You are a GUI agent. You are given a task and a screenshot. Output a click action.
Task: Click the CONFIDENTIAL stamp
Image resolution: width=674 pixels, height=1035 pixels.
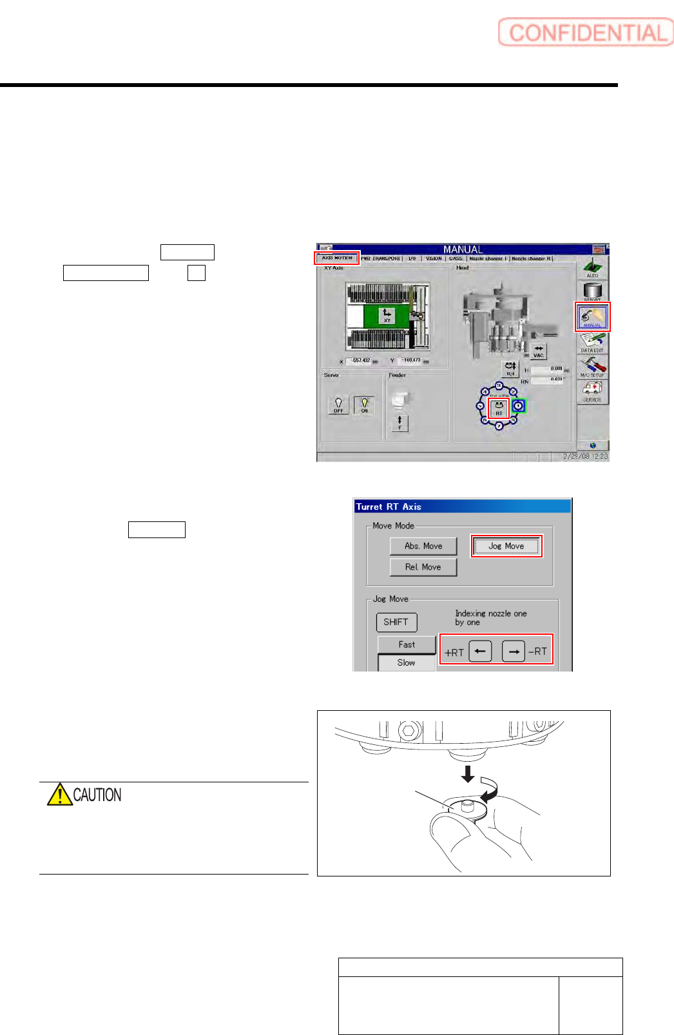[585, 33]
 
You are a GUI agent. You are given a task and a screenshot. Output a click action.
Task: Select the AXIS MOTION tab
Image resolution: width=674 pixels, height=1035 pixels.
[337, 258]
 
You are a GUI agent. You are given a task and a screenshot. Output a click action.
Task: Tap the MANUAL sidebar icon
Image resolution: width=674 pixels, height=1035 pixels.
[592, 316]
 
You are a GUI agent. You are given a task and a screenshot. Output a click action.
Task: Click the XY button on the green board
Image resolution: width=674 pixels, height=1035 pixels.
[387, 316]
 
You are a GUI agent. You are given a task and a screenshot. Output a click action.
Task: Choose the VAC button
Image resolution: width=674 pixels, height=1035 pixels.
[538, 351]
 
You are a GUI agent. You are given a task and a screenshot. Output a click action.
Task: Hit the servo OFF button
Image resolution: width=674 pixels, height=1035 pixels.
[338, 405]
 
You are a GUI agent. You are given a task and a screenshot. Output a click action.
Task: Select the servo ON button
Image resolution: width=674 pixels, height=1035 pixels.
[364, 405]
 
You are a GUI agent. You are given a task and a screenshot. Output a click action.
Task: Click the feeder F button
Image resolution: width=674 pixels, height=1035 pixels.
[400, 423]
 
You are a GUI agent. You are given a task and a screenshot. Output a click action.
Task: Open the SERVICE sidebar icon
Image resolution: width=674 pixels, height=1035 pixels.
[592, 391]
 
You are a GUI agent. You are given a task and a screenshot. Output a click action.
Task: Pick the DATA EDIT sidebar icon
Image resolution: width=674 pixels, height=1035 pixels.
[592, 342]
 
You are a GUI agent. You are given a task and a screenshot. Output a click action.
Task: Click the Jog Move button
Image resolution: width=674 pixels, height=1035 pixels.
[506, 546]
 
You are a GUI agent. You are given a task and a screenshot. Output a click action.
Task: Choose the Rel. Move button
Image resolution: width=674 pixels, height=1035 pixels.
[423, 567]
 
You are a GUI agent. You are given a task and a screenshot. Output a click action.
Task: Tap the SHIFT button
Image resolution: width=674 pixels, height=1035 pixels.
[396, 622]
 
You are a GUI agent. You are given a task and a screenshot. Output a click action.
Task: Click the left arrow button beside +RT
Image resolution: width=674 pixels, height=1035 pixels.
[480, 652]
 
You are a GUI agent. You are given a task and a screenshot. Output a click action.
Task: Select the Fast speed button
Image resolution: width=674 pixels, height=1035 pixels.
[407, 644]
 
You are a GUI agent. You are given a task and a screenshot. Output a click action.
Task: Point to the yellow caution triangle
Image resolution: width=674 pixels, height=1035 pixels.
[59, 795]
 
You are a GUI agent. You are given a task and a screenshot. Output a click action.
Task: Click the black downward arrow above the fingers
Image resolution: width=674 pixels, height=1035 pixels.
[468, 773]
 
